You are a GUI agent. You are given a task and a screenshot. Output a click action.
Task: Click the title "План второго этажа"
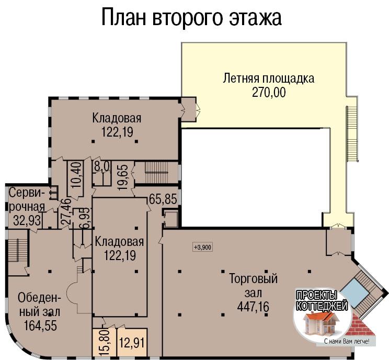[191, 17]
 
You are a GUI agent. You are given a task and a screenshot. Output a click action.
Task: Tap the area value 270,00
[269, 93]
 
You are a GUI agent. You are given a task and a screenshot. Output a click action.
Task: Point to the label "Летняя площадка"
[268, 78]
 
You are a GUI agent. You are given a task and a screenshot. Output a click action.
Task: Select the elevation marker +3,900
[203, 248]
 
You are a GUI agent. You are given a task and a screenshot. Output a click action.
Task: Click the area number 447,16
[253, 307]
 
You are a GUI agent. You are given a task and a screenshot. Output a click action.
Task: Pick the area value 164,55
[40, 325]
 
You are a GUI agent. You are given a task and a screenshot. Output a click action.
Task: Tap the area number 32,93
[27, 220]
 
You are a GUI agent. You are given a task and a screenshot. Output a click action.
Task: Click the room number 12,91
[132, 343]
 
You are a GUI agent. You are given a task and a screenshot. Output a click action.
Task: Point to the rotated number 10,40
[77, 174]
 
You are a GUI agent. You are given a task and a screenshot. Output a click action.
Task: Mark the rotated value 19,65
[123, 177]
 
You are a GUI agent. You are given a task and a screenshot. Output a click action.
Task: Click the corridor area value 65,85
[163, 199]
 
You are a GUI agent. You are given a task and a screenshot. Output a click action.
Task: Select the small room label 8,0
[102, 166]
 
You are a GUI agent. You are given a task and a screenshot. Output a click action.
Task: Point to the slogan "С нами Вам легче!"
[347, 342]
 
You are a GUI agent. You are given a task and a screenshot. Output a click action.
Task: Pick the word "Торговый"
[253, 278]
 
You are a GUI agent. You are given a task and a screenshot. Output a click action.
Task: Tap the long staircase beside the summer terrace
[352, 133]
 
